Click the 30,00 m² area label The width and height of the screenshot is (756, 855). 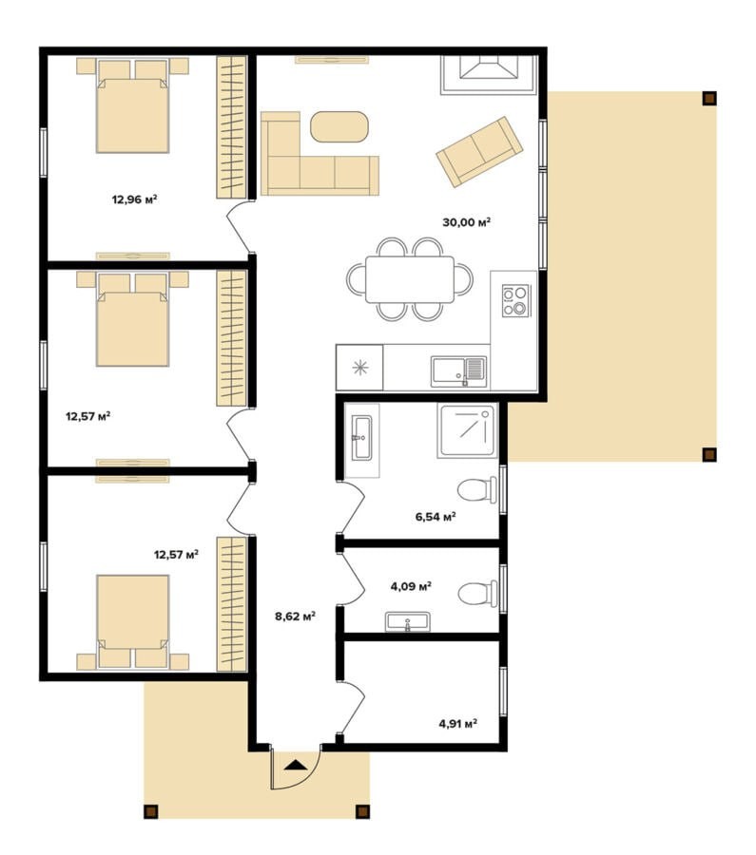click(466, 222)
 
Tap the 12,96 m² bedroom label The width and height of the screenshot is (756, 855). click(134, 199)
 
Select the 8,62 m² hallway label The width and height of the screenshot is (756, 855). click(295, 617)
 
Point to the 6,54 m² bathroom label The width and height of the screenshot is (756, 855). click(436, 517)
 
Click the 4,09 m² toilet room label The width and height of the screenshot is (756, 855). click(411, 586)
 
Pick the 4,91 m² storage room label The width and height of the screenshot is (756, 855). click(458, 724)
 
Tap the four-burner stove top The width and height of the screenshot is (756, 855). click(515, 300)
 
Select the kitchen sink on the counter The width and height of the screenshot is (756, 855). click(458, 371)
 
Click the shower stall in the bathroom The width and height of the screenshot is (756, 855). click(468, 430)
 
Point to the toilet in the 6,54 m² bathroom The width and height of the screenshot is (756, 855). click(477, 489)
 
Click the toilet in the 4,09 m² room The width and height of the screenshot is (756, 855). click(477, 593)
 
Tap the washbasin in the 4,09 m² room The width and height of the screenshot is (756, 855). click(407, 621)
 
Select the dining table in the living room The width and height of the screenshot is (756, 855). click(410, 279)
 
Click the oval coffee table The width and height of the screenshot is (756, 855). click(339, 127)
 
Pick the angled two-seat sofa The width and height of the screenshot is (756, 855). click(479, 152)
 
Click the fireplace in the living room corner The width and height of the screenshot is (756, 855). click(489, 75)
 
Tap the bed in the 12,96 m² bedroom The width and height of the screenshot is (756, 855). click(132, 105)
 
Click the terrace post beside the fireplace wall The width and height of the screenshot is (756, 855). click(709, 98)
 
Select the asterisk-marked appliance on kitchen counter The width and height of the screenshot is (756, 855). click(359, 368)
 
